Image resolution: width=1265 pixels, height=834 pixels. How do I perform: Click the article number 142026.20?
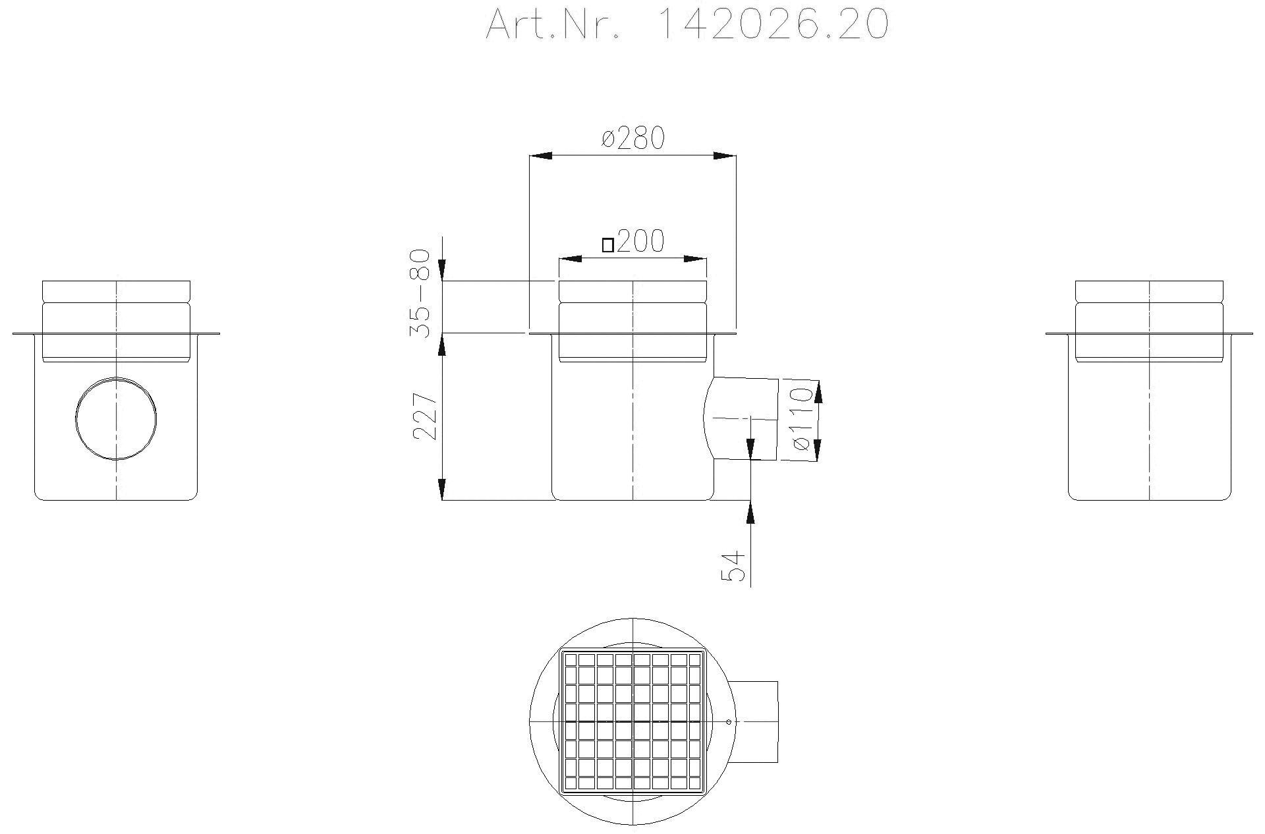(773, 25)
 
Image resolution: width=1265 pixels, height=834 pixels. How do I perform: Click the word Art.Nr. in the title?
(552, 25)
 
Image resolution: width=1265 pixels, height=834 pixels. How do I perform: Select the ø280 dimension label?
(633, 138)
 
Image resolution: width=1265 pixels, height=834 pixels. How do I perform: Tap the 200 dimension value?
(640, 242)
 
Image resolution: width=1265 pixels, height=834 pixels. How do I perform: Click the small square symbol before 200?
(608, 245)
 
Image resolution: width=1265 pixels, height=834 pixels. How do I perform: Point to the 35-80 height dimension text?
(420, 294)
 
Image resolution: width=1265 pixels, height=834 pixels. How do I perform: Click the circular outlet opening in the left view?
(116, 418)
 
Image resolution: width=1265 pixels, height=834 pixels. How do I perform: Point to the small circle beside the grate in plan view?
(729, 722)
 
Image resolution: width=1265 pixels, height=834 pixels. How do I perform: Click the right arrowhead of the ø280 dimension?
(725, 155)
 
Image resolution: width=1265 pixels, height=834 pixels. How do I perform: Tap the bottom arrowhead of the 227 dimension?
(442, 489)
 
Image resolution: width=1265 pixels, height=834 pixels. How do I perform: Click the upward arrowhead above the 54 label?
(751, 511)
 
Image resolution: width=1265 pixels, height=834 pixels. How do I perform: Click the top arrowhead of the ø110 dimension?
(819, 392)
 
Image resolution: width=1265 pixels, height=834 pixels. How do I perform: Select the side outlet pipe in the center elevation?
(741, 418)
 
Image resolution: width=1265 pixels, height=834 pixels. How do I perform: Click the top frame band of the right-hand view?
(1149, 290)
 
